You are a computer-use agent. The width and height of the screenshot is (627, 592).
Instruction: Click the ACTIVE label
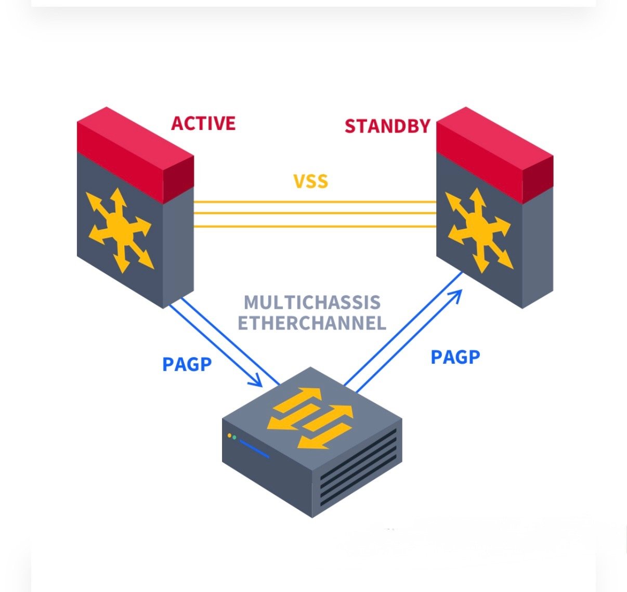tap(203, 124)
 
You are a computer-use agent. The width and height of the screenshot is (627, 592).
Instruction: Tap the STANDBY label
tap(387, 126)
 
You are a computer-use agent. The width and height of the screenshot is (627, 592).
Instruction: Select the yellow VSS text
tap(311, 181)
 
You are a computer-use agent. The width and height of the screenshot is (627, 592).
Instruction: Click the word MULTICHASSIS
tap(312, 302)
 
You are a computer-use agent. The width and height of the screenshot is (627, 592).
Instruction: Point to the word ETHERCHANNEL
tap(312, 323)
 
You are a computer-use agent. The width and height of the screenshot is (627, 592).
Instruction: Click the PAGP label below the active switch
tap(187, 364)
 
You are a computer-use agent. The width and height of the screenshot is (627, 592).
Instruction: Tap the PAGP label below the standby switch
tap(455, 357)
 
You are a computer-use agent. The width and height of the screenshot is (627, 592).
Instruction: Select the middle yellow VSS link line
tap(315, 214)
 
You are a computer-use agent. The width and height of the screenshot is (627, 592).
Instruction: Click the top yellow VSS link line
tap(315, 201)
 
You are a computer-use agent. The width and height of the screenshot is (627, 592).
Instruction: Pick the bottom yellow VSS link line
tap(315, 226)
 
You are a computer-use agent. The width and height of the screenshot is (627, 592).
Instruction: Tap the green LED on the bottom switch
tap(234, 438)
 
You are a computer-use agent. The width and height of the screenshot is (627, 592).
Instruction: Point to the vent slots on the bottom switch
tap(358, 468)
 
